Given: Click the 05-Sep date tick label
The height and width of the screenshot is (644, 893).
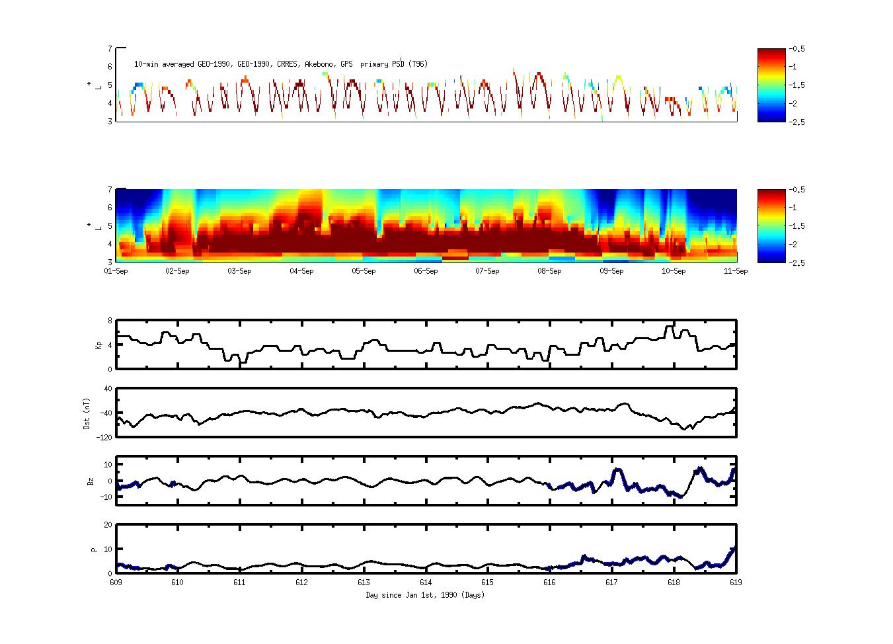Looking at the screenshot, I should click(x=364, y=271).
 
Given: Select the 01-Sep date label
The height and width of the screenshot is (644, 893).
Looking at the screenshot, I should click(x=116, y=271).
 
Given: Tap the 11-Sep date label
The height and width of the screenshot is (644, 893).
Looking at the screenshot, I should click(x=736, y=271).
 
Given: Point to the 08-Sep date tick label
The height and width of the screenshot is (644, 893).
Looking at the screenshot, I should click(x=549, y=271).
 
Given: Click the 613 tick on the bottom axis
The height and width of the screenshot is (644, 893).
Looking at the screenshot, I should click(x=364, y=583).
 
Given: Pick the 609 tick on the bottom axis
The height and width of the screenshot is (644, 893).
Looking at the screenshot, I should click(x=116, y=583).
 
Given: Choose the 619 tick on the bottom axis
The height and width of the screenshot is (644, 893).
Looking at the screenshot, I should click(x=736, y=583).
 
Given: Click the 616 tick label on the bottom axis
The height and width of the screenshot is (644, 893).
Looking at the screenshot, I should click(x=549, y=583).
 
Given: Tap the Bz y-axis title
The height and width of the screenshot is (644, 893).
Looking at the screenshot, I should click(x=91, y=481).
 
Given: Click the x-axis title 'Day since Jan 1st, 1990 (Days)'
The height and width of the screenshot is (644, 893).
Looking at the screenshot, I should click(x=425, y=595).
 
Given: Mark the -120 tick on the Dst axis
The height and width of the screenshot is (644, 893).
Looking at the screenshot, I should click(x=104, y=437).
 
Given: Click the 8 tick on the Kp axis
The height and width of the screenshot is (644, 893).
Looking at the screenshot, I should click(x=110, y=321).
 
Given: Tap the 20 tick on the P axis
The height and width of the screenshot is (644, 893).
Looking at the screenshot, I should click(x=108, y=525).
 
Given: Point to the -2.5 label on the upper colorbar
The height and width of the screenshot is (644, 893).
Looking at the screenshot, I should click(x=795, y=122).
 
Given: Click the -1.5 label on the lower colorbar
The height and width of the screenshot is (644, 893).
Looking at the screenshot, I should click(x=795, y=226).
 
